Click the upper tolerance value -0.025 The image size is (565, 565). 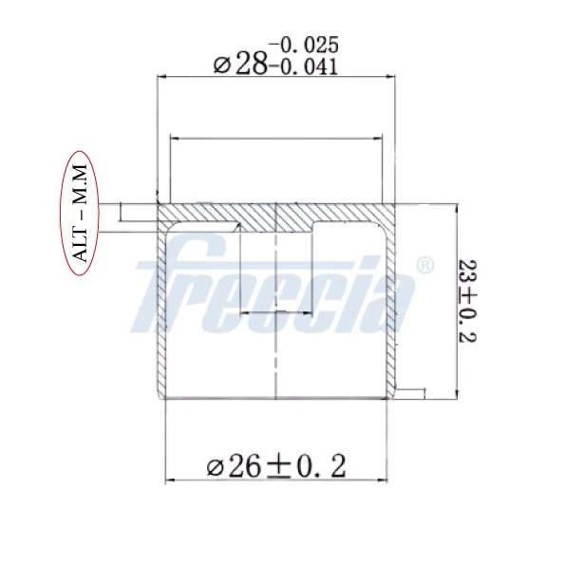pos(304,45)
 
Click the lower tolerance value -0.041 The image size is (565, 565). pos(304,66)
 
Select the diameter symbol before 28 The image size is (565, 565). pos(222,65)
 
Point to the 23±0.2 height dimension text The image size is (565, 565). pos(467,301)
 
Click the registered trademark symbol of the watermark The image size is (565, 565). pos(425,264)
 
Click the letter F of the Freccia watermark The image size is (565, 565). pos(166,285)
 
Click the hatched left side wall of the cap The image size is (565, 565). pos(161,313)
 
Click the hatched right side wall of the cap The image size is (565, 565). pos(390,313)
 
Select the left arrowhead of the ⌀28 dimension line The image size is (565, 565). pos(160,77)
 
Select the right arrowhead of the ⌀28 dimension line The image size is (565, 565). pos(389,77)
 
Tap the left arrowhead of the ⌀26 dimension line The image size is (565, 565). pos(170,480)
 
